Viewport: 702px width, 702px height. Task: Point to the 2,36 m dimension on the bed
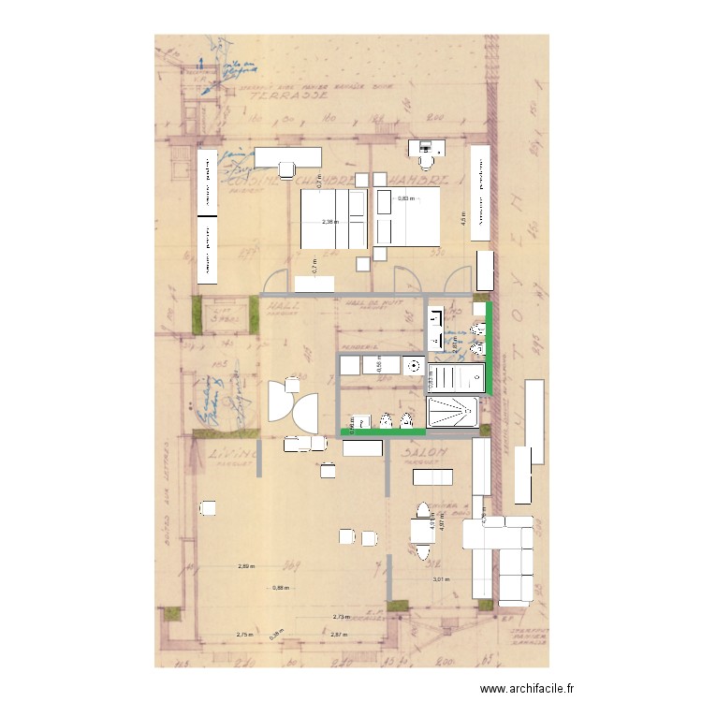(x=329, y=223)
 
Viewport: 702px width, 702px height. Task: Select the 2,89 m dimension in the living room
(x=246, y=566)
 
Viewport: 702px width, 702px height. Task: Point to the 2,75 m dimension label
(x=244, y=635)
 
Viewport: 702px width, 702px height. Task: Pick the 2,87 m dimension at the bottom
(x=339, y=635)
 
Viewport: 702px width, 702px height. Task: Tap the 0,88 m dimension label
(x=281, y=588)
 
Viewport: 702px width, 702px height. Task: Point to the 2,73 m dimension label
(x=342, y=617)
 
